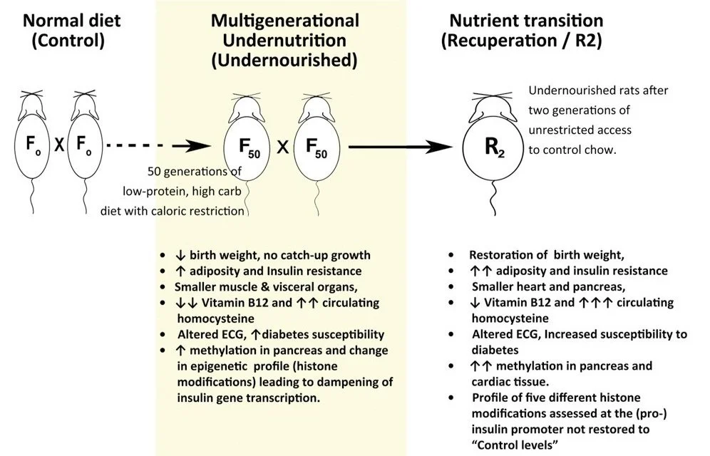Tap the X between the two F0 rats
click(60, 145)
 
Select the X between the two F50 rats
click(283, 147)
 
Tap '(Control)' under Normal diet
click(68, 41)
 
